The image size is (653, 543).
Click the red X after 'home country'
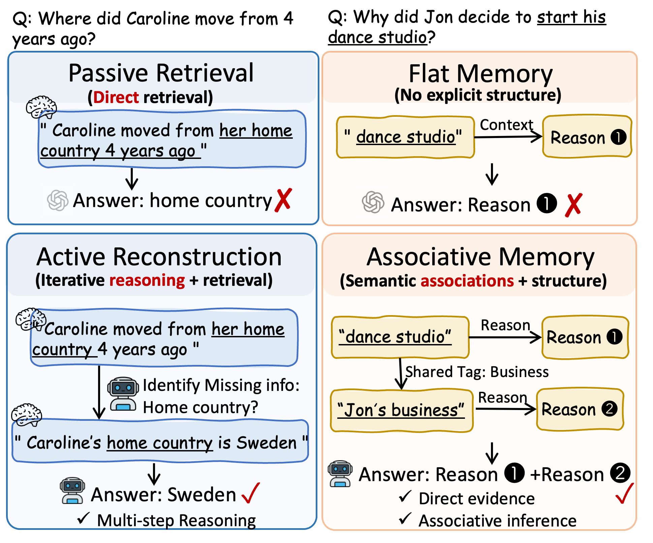[x=283, y=200]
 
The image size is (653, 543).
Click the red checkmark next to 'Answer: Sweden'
[x=251, y=493]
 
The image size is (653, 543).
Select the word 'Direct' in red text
[x=116, y=97]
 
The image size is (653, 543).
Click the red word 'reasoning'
[x=147, y=280]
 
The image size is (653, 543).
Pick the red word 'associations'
[x=467, y=280]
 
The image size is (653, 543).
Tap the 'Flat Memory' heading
[x=480, y=74]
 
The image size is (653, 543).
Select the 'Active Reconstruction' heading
[x=159, y=257]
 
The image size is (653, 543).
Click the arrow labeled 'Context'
[x=508, y=137]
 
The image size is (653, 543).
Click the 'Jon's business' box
[x=402, y=410]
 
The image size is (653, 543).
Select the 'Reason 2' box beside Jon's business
[x=580, y=409]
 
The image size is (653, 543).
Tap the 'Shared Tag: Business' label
[x=477, y=372]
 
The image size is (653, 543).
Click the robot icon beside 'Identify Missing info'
[x=123, y=394]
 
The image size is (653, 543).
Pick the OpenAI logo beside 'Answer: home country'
[x=58, y=201]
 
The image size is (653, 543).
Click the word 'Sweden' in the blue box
[x=266, y=442]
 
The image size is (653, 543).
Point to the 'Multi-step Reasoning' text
[x=176, y=520]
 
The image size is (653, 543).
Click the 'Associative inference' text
[x=497, y=520]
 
